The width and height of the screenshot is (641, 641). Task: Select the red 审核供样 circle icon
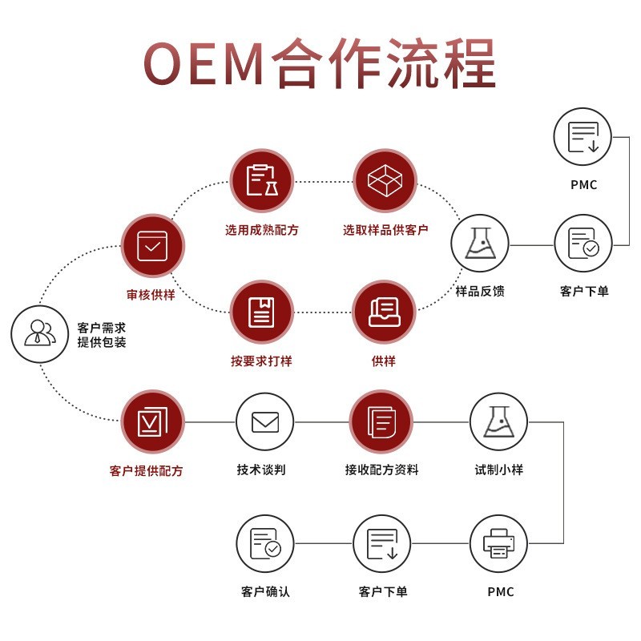[x=152, y=246]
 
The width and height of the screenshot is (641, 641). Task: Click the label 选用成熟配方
[x=261, y=230]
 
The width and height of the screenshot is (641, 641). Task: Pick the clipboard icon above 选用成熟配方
[x=261, y=180]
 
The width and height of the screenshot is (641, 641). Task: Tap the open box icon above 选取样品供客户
[x=385, y=180]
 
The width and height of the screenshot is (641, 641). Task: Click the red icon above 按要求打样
[x=261, y=312]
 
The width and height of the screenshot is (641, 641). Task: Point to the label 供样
[x=384, y=361]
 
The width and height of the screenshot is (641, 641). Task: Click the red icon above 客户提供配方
[x=152, y=421]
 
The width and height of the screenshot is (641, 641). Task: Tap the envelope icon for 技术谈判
[x=264, y=421]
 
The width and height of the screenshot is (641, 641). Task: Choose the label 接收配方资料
[x=381, y=470]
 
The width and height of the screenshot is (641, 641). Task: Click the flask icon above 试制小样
[x=498, y=421]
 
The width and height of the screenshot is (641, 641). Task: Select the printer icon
[x=498, y=543]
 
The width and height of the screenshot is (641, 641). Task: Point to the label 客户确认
[x=264, y=592]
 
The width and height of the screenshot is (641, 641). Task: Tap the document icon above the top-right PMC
[x=583, y=136]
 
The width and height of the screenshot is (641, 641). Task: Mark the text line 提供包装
[x=101, y=342]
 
